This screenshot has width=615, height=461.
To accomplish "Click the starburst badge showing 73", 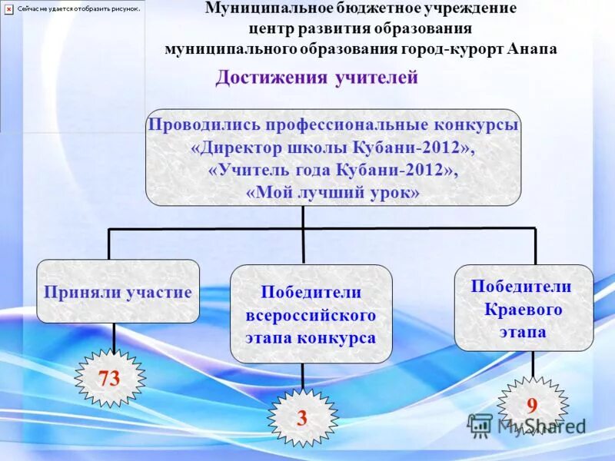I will click(x=110, y=378).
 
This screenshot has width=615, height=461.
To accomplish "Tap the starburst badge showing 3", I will click(x=302, y=418).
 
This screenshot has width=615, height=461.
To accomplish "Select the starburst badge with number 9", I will click(x=531, y=406).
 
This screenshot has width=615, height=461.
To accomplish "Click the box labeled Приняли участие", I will click(x=118, y=291).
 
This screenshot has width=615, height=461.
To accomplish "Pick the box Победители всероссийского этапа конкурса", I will click(x=311, y=314).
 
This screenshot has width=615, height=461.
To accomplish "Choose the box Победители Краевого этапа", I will click(x=524, y=308).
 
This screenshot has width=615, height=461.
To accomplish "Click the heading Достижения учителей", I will click(x=316, y=78).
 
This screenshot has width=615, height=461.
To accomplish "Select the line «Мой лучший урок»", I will click(x=333, y=194).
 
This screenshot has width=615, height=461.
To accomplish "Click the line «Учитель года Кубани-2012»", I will click(x=333, y=171).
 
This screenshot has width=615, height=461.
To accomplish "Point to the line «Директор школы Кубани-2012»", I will click(x=333, y=148).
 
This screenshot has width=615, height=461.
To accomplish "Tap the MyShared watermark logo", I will click(x=527, y=425).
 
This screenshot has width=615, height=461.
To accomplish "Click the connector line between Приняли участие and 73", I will click(x=115, y=336).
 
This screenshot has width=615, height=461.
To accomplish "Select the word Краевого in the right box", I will click(x=524, y=309).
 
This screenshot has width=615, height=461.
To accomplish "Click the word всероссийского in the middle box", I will click(x=311, y=315).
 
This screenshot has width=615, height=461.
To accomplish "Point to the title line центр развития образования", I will click(x=360, y=28).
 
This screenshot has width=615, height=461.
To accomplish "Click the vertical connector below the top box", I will click(x=303, y=217).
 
